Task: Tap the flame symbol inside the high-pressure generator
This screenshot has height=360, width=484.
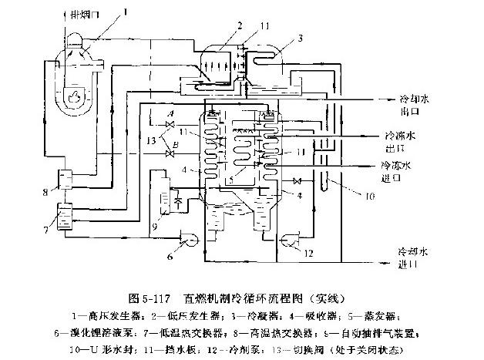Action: (x=75, y=96)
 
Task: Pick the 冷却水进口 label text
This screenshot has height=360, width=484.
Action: (x=413, y=257)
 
